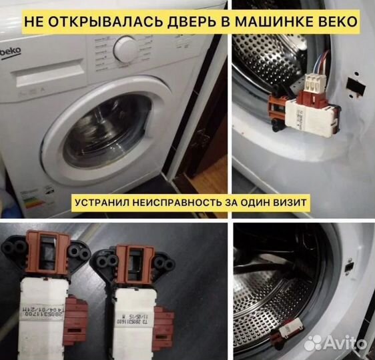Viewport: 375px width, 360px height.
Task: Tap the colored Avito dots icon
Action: pyautogui.click(x=312, y=343)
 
